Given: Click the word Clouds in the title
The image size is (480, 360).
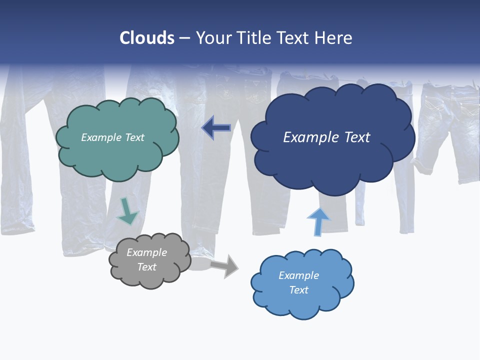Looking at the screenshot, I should (147, 38).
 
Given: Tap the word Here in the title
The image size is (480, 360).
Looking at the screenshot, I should (333, 38).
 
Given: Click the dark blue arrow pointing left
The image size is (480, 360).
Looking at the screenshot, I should (216, 128).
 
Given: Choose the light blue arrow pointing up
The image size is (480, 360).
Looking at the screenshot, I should (318, 221).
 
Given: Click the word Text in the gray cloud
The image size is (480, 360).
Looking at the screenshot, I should (147, 267).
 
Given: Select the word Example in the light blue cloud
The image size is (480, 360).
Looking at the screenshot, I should (298, 275).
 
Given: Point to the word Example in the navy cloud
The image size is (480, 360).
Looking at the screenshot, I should (310, 137).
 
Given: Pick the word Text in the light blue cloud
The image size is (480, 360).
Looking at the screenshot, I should (298, 290).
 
